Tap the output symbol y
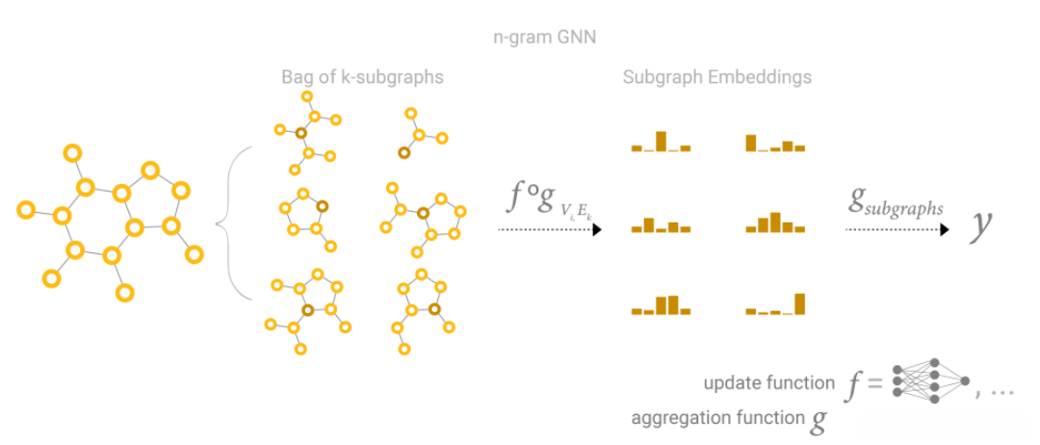(981, 224)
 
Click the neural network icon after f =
(930, 383)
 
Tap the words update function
(769, 383)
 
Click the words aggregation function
(717, 418)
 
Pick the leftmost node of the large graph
(26, 209)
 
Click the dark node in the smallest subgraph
(404, 152)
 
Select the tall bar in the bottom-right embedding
(798, 303)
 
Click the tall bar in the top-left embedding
(661, 141)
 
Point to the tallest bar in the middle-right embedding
(775, 222)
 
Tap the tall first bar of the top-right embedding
(751, 143)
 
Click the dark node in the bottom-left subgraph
(308, 310)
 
